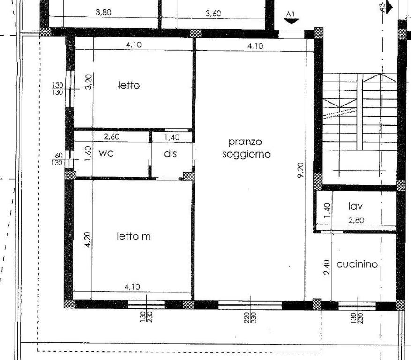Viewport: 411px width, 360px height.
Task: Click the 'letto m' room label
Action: (134, 237)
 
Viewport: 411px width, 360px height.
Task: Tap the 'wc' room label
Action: (106, 153)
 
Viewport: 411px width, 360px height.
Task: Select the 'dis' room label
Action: (171, 153)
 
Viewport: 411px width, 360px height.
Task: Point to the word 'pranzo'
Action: (245, 142)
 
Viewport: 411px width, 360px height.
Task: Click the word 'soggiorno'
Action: (247, 154)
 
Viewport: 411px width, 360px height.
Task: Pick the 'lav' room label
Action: (356, 206)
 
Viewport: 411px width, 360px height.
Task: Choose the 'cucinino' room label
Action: (357, 264)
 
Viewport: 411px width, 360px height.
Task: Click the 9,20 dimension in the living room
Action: (300, 171)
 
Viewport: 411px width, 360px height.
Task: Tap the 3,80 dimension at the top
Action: (103, 12)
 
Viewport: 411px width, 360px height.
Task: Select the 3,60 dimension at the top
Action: (213, 13)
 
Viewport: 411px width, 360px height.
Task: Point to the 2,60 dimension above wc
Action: (112, 136)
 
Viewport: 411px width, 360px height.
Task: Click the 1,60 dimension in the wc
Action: (88, 154)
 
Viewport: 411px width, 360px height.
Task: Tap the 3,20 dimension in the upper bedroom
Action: (89, 82)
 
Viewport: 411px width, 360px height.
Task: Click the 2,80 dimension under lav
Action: (356, 220)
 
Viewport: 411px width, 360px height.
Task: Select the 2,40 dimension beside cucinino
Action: (327, 267)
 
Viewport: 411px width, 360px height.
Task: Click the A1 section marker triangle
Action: (291, 22)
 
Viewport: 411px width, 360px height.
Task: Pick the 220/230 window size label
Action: (250, 317)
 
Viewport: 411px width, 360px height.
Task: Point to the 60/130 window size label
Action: (57, 159)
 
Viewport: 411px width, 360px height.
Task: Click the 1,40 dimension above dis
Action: (172, 137)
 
